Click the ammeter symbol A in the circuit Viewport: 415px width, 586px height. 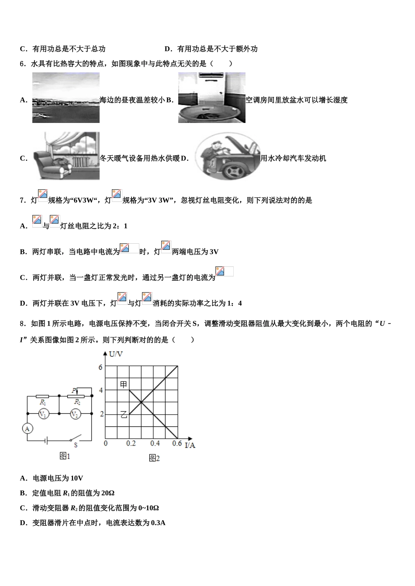pos(27,429)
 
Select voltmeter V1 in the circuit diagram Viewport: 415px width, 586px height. pos(43,414)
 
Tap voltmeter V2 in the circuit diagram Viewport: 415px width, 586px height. pos(75,414)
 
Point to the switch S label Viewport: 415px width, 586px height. pos(76,445)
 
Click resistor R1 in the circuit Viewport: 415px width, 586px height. pos(43,397)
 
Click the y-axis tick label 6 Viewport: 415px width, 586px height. pos(100,367)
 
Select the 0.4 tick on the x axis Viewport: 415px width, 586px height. pos(155,443)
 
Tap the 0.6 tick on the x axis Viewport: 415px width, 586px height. pos(177,443)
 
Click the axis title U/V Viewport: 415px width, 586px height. pos(116,354)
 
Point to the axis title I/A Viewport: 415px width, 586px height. pos(190,445)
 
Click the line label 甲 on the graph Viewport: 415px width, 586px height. pos(124,384)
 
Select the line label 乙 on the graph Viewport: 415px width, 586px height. pos(124,415)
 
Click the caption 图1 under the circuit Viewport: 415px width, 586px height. pos(65,456)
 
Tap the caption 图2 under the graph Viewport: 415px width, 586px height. pos(154,458)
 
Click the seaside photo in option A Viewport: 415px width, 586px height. pos(66,98)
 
